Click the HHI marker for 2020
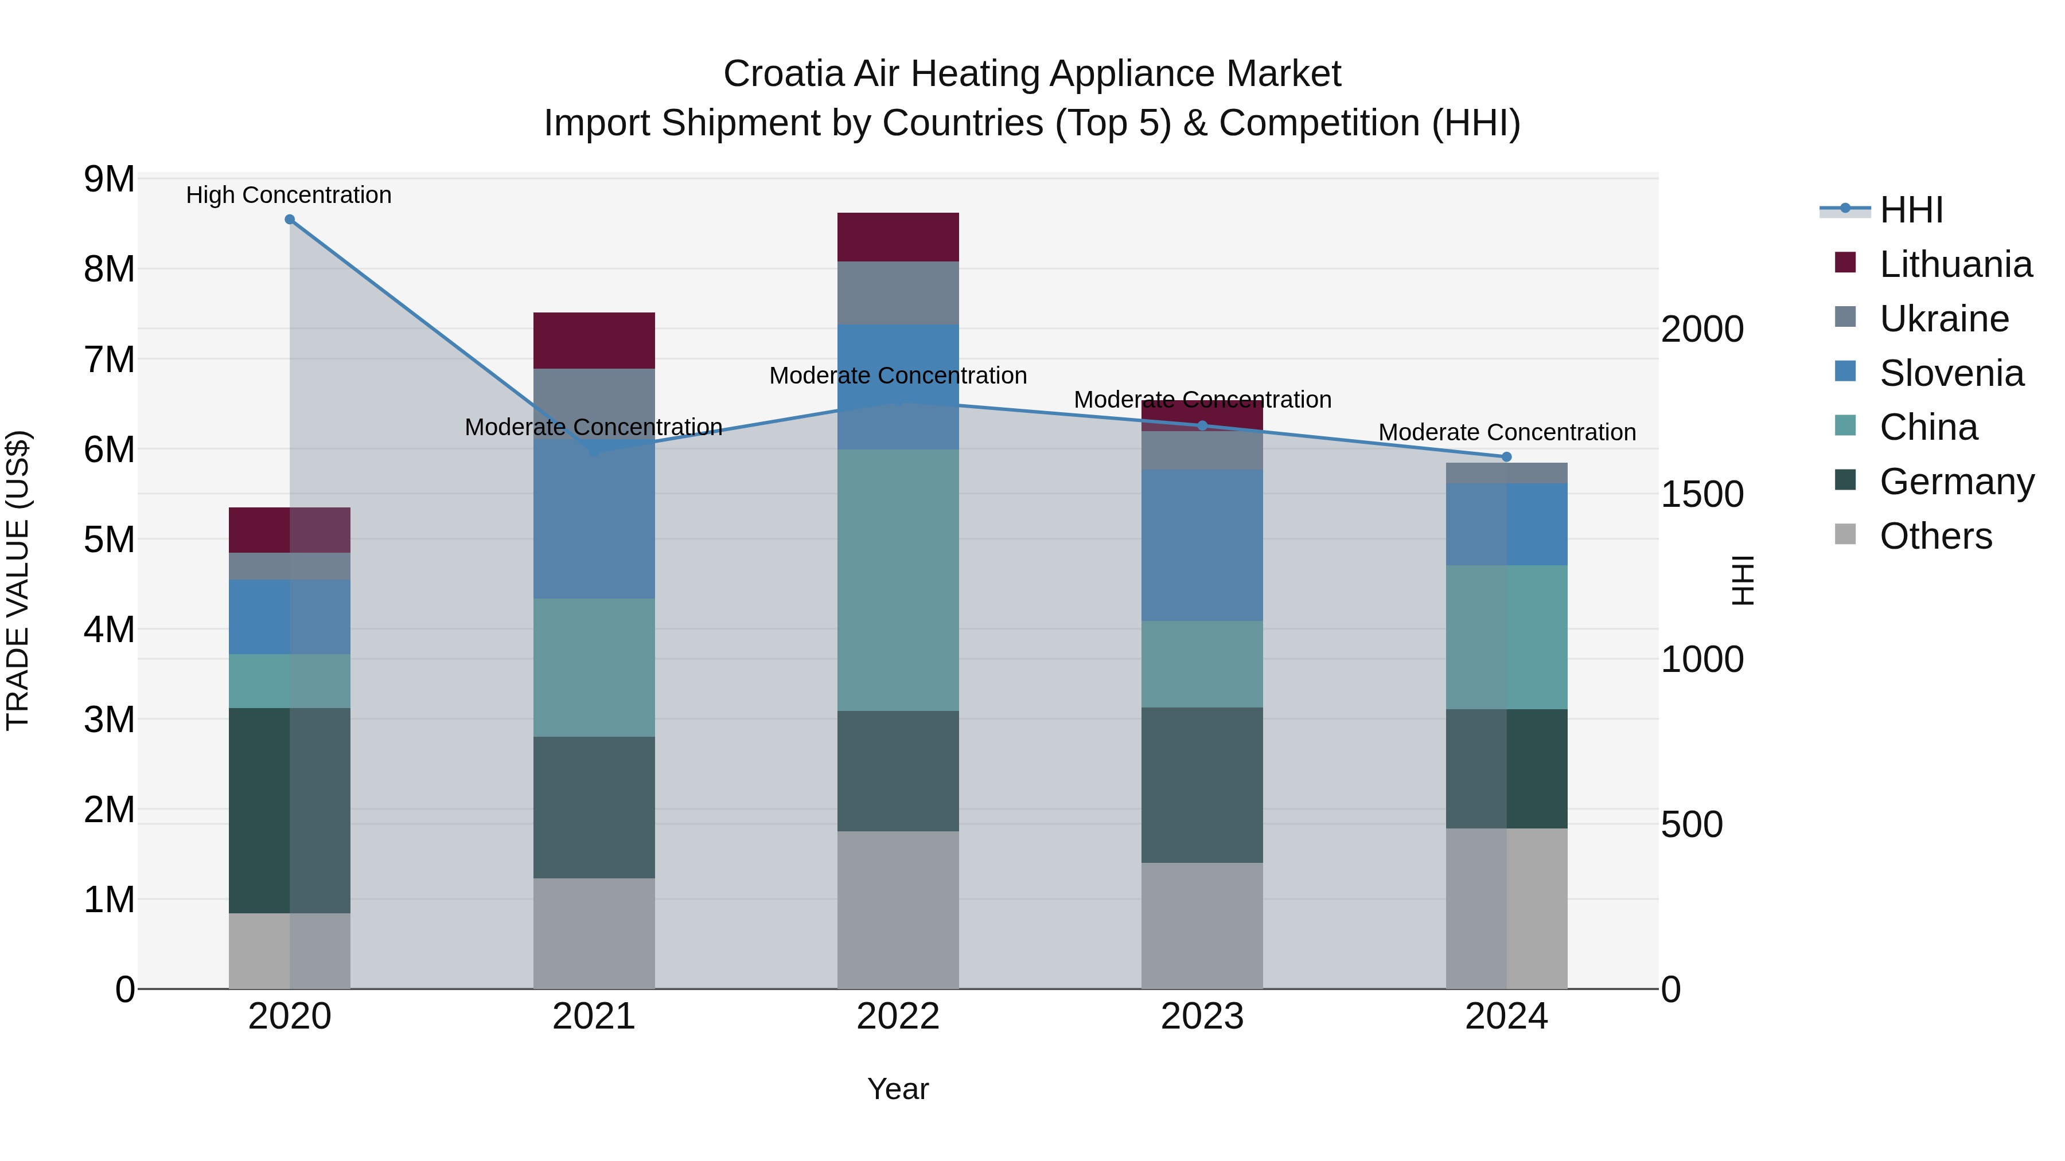click(x=290, y=220)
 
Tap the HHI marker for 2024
click(x=1506, y=457)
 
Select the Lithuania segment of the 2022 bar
click(x=898, y=237)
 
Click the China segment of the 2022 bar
click(x=898, y=580)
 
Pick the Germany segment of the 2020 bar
click(x=290, y=810)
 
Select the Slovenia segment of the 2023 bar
click(x=1202, y=545)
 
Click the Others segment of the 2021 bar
click(x=594, y=933)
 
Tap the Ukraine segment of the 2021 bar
click(x=594, y=403)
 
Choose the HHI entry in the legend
click(x=1911, y=210)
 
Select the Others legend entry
click(x=1935, y=536)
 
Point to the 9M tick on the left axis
click(x=109, y=179)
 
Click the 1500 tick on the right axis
click(x=1701, y=494)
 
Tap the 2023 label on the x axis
click(x=1202, y=1017)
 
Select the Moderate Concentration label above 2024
click(x=1506, y=433)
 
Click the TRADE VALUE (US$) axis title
click(x=18, y=580)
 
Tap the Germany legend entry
click(x=1956, y=482)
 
